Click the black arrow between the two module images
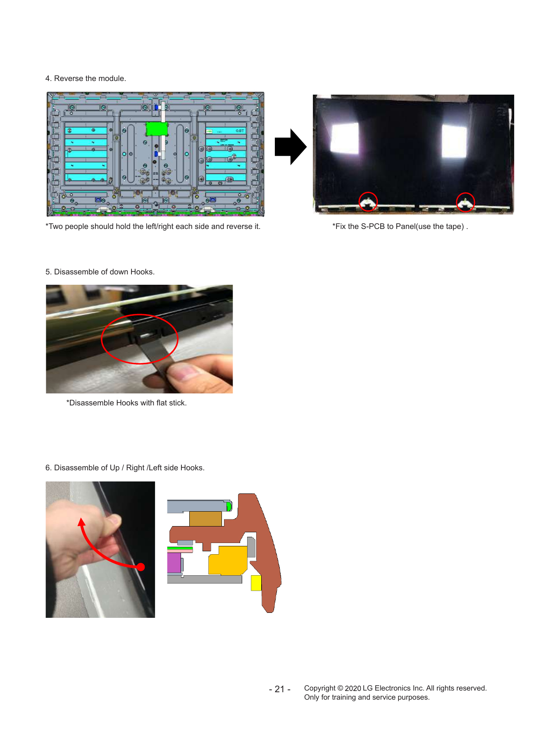click(x=291, y=147)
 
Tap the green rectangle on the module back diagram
click(x=157, y=129)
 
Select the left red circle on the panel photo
click(x=368, y=202)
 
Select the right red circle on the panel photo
click(x=465, y=202)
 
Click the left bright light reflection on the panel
click(x=345, y=138)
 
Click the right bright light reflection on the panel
click(x=454, y=141)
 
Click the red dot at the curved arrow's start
click(x=141, y=567)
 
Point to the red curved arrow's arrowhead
click(x=82, y=522)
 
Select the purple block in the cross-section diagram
click(x=174, y=562)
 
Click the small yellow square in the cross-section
click(x=256, y=583)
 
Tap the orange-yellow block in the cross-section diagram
click(x=228, y=560)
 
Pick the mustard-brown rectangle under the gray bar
click(x=206, y=519)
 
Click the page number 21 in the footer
click(x=280, y=689)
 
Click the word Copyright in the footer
click(x=320, y=688)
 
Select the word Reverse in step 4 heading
click(x=69, y=79)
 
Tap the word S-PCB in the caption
click(x=373, y=226)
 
